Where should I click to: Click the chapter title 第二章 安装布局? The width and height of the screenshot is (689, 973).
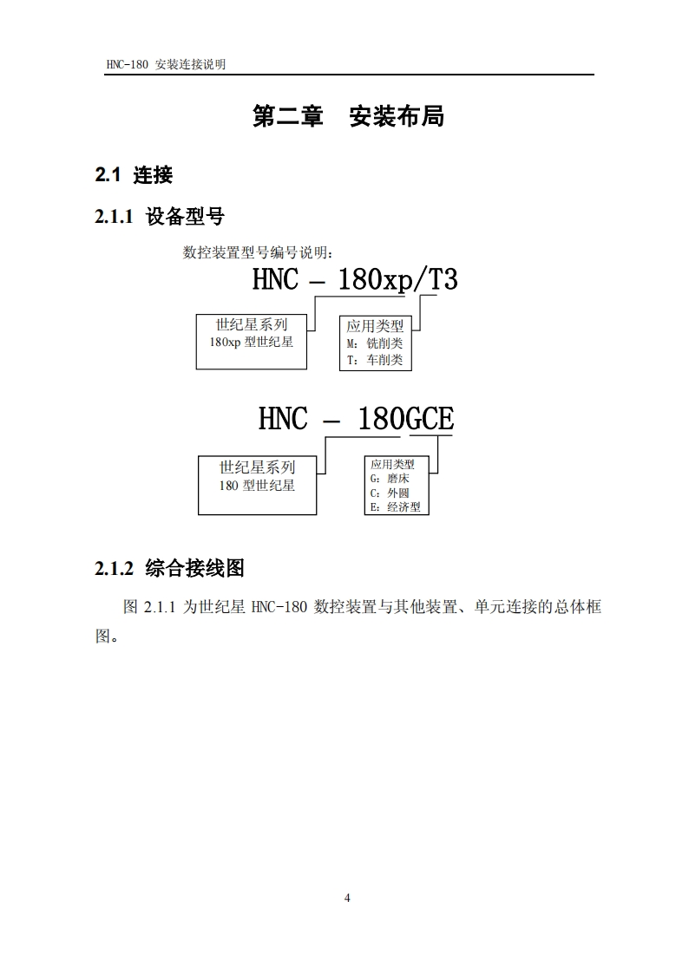click(x=348, y=116)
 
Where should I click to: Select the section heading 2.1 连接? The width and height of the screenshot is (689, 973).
click(x=134, y=175)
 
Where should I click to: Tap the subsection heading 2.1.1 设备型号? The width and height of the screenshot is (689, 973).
click(x=160, y=217)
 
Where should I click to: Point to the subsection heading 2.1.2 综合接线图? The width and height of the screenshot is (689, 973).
click(x=169, y=569)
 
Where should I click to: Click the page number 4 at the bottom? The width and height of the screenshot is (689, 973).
click(x=347, y=898)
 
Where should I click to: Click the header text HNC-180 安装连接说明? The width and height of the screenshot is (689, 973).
click(x=164, y=65)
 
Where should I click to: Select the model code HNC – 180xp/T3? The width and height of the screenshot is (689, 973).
click(x=354, y=280)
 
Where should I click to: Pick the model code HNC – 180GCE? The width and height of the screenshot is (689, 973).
click(x=356, y=420)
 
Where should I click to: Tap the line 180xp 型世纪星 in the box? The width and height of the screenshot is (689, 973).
click(x=251, y=343)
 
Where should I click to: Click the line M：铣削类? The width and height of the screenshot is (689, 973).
click(x=374, y=343)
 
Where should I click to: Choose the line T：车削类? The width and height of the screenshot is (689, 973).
click(x=374, y=360)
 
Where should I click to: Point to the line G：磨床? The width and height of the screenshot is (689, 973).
click(x=389, y=478)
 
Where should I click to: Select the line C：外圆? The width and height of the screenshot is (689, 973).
click(x=389, y=493)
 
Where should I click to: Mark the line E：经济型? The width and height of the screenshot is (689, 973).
click(x=395, y=507)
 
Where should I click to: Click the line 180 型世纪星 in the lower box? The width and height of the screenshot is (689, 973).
click(x=257, y=486)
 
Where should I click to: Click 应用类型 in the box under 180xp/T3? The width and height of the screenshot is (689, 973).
click(x=375, y=327)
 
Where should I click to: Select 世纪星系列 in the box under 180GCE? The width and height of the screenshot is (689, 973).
click(x=257, y=467)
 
